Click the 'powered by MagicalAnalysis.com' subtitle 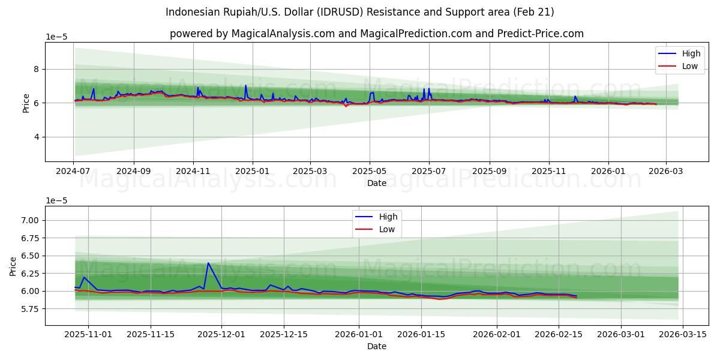pyautogui.click(x=376, y=34)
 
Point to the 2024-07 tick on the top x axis pyautogui.click(x=73, y=172)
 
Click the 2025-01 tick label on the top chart pyautogui.click(x=252, y=172)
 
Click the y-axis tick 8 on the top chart pyautogui.click(x=36, y=69)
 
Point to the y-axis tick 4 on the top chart pyautogui.click(x=36, y=137)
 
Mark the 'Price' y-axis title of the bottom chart pyautogui.click(x=13, y=265)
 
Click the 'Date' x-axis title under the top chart pyautogui.click(x=376, y=183)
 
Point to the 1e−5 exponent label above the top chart pyautogui.click(x=56, y=37)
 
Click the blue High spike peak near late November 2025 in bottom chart pyautogui.click(x=208, y=263)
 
